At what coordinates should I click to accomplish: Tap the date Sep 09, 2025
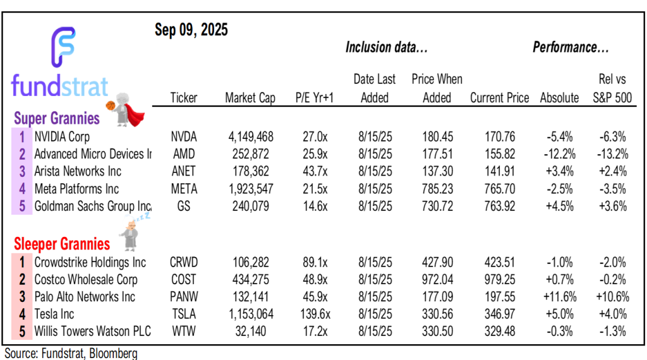click(x=191, y=30)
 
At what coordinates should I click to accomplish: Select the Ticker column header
click(x=184, y=98)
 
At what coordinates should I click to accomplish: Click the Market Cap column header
click(x=250, y=98)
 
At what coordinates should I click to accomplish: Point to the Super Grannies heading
click(x=57, y=118)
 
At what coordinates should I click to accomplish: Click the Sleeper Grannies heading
click(x=62, y=244)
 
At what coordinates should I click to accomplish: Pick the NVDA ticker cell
click(x=184, y=136)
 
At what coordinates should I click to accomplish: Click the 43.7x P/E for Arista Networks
click(x=311, y=171)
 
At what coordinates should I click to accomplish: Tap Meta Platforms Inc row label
click(x=76, y=189)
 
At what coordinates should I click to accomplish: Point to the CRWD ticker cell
click(x=184, y=262)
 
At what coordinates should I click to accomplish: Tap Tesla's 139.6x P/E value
click(x=309, y=314)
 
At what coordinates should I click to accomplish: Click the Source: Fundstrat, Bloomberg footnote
click(x=71, y=353)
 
